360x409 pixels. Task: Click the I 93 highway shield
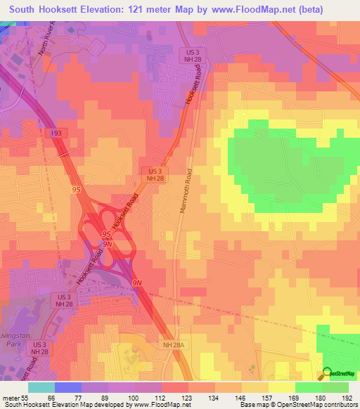point(55,133)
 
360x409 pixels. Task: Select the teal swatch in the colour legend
point(41,387)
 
